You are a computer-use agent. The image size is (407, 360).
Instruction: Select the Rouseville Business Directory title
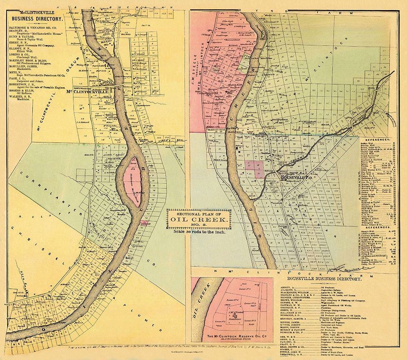(324, 279)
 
